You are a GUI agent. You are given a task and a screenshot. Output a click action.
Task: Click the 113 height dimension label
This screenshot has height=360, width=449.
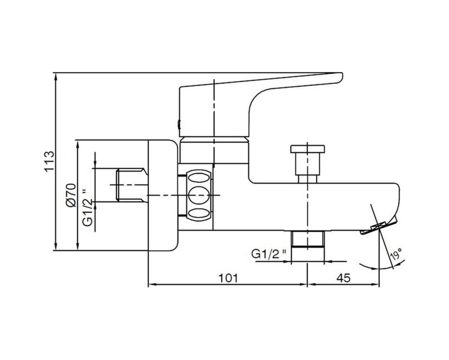click(49, 161)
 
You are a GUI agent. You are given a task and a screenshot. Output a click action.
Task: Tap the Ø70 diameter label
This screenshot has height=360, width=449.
click(71, 195)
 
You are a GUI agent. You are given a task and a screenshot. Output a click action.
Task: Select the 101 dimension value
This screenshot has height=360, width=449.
click(228, 278)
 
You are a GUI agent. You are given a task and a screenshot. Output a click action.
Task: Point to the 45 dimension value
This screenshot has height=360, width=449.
click(343, 278)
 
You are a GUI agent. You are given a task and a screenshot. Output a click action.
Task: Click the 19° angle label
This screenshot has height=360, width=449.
click(396, 254)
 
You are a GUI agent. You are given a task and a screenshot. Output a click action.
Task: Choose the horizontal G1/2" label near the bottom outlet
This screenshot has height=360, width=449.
click(268, 253)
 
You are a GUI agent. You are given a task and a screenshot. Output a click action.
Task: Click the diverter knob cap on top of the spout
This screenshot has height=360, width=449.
click(308, 149)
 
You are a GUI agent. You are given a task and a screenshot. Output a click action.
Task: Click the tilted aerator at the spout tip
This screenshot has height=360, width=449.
click(378, 226)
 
